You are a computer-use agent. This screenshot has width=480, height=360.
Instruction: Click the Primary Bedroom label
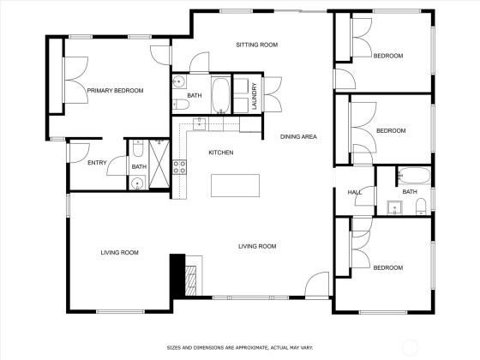pos(115,91)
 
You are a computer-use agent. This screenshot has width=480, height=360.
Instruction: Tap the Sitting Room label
pos(257,45)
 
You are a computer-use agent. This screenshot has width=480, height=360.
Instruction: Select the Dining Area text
pos(298,137)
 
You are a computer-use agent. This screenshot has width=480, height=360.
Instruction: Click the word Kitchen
pos(221,153)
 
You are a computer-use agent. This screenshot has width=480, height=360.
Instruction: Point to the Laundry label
pos(254,96)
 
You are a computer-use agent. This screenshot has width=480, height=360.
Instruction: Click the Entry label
pos(97,163)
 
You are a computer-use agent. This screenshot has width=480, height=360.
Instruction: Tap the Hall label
pos(355,193)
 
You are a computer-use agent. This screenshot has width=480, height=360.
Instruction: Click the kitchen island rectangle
pos(236,185)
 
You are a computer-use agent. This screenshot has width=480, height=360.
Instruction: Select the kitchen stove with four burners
pos(179,167)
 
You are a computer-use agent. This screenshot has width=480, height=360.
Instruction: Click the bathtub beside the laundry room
pos(220,95)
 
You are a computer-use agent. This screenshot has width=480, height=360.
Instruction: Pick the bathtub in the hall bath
pos(414,176)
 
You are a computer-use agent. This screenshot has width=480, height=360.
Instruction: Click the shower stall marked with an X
pos(159,164)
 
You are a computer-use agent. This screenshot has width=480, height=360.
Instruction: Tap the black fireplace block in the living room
pos(177,275)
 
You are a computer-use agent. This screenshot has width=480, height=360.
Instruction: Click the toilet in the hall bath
pos(421,207)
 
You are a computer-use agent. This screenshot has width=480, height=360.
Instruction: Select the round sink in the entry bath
pos(137,183)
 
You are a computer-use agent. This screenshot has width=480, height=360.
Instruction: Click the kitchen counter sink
pos(200,123)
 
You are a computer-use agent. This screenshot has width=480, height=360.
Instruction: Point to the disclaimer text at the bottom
pos(240,348)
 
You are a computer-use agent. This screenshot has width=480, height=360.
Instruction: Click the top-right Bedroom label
pos(388,56)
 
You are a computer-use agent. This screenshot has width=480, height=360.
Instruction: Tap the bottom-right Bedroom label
pos(388,267)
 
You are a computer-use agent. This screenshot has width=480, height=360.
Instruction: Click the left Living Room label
pos(120,253)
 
